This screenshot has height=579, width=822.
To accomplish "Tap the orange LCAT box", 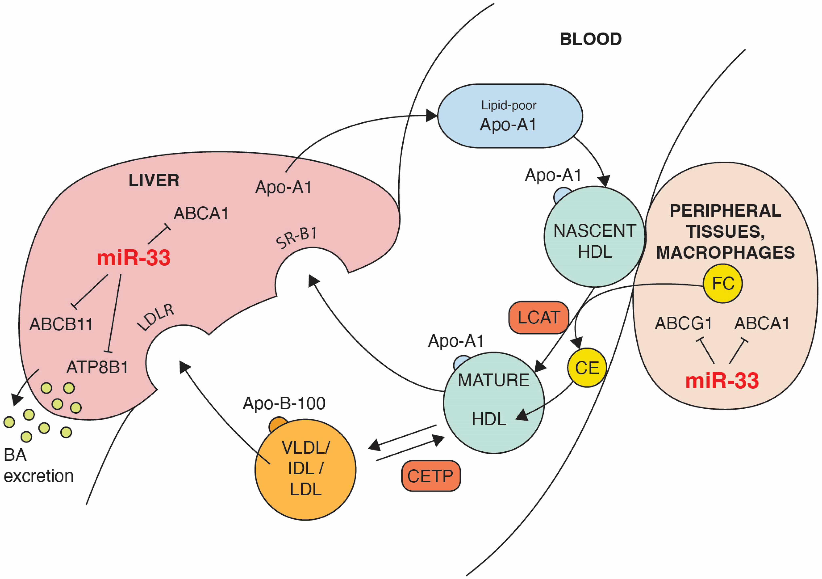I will tap(538, 318).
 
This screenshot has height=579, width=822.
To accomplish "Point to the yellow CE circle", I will tap(587, 368).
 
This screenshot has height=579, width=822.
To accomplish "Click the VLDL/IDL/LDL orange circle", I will tap(305, 469).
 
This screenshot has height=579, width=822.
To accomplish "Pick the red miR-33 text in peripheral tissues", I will tap(722, 381).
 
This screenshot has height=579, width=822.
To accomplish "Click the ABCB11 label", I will tap(61, 324).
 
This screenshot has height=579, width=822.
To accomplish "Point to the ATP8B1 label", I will tap(97, 367).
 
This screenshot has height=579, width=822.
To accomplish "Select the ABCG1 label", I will tap(683, 324).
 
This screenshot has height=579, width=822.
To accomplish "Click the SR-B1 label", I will tap(297, 238).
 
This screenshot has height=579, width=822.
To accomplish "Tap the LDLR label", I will tap(156, 318).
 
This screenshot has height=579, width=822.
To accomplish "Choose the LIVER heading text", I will tap(154, 180).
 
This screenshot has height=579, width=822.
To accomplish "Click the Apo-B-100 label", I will tap(284, 403).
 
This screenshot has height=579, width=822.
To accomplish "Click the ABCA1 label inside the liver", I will tap(201, 214).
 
